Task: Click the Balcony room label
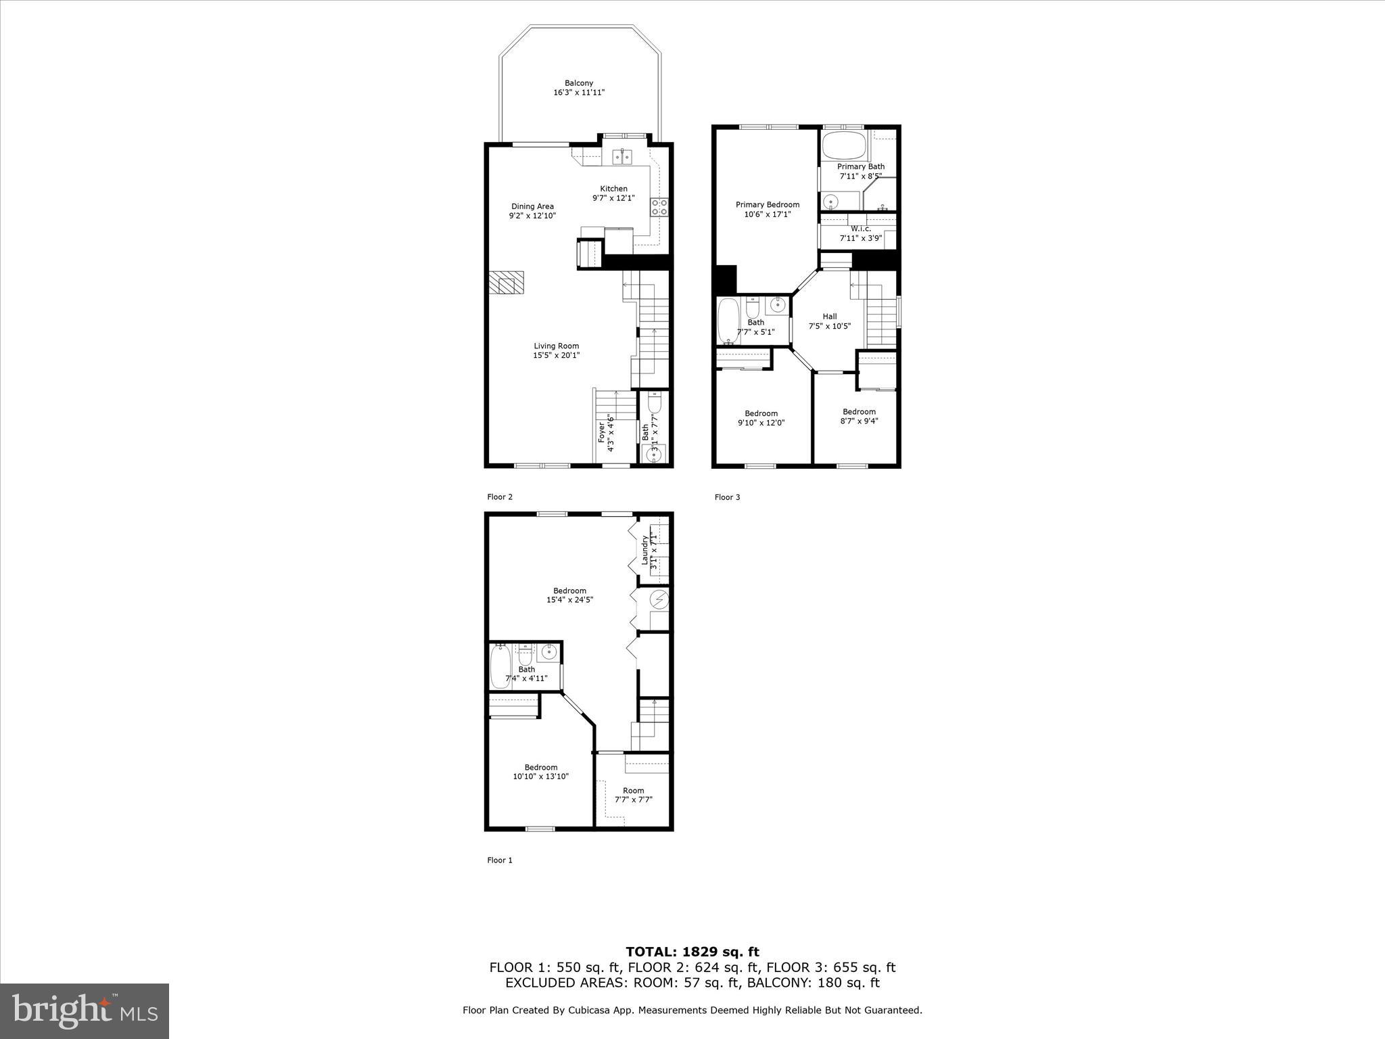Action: click(x=579, y=83)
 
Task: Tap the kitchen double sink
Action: click(x=622, y=157)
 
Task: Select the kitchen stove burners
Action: click(x=659, y=207)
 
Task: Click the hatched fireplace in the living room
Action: click(x=507, y=283)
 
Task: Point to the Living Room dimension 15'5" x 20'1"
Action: click(x=556, y=355)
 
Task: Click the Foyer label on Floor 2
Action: click(x=602, y=432)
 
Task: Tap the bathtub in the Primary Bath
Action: click(x=843, y=145)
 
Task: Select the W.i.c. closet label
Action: click(x=860, y=229)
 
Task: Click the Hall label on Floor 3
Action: click(x=829, y=316)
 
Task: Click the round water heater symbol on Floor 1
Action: click(x=659, y=599)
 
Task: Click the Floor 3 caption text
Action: click(x=727, y=497)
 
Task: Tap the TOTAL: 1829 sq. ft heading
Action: click(x=692, y=952)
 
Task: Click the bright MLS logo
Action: click(x=85, y=1011)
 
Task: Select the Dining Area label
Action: click(x=532, y=206)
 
